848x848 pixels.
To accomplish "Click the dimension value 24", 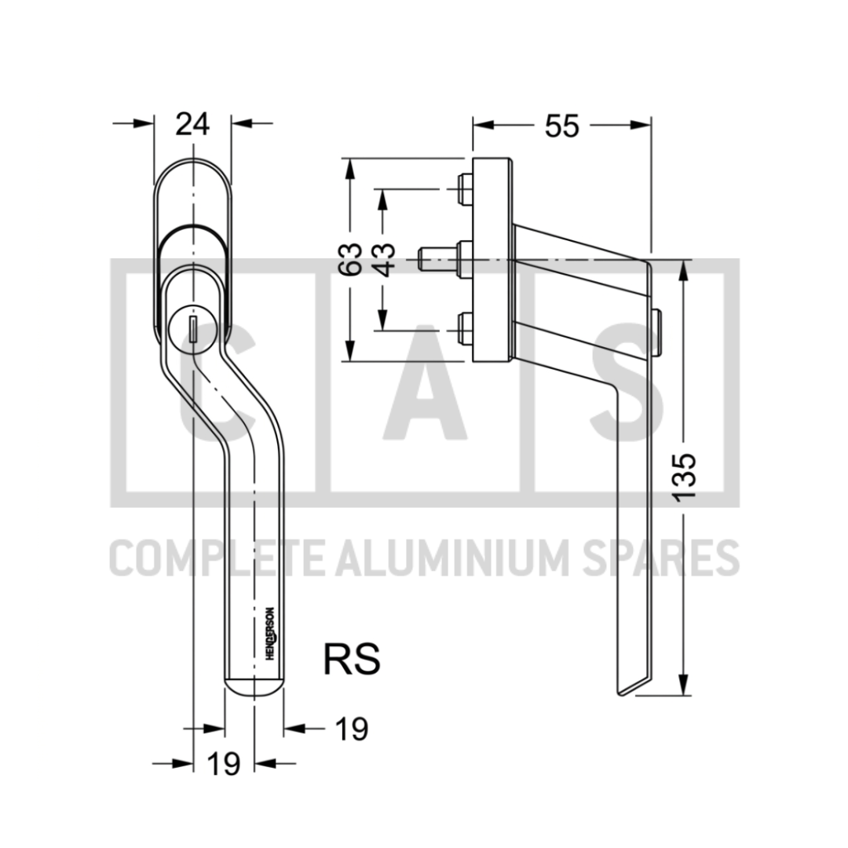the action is [192, 124].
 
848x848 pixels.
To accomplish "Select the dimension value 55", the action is [562, 126].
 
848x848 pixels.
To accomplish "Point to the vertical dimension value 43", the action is [385, 260].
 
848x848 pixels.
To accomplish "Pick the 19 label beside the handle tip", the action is [352, 729].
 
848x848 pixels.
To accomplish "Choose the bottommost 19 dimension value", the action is [223, 764].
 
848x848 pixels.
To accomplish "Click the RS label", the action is [352, 659].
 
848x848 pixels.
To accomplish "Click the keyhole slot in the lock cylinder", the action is [192, 329].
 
